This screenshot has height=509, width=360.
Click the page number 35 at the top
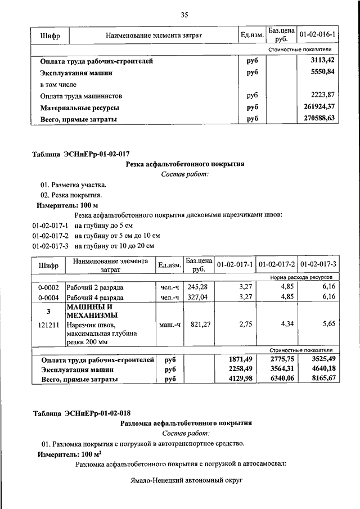point(184,15)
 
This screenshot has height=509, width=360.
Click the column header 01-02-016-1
point(318,35)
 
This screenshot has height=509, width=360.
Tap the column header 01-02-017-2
point(277,264)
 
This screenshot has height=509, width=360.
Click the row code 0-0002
point(48,287)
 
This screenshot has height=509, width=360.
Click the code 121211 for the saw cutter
point(48,325)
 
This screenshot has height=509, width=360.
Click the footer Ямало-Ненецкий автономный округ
point(184,481)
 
